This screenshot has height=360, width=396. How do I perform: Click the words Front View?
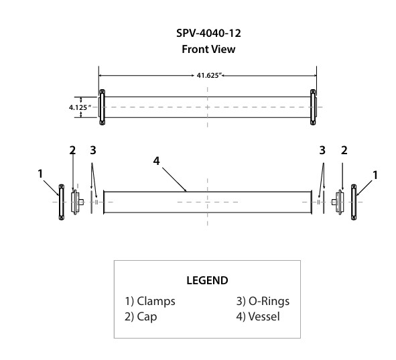[208, 49]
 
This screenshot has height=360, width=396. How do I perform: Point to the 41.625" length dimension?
[208, 75]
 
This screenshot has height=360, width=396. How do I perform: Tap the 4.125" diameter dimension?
[80, 107]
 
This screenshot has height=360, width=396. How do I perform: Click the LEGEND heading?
[206, 280]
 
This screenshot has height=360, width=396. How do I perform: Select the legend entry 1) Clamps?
[150, 301]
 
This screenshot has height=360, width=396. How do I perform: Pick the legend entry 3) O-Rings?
[263, 301]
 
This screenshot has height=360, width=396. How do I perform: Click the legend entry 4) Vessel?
[259, 316]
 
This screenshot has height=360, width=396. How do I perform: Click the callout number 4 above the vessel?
[156, 161]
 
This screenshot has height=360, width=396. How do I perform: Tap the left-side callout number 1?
[41, 174]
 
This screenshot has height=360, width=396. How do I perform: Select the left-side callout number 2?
[72, 149]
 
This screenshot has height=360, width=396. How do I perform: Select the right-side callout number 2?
[343, 149]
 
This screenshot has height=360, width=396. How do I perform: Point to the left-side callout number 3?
[93, 149]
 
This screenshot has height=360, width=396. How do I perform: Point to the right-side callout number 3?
[322, 149]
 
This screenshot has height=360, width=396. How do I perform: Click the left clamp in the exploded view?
[61, 201]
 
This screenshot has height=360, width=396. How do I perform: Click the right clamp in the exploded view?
[354, 201]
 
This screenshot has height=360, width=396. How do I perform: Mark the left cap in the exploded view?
[76, 200]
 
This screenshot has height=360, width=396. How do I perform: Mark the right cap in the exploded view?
[339, 200]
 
